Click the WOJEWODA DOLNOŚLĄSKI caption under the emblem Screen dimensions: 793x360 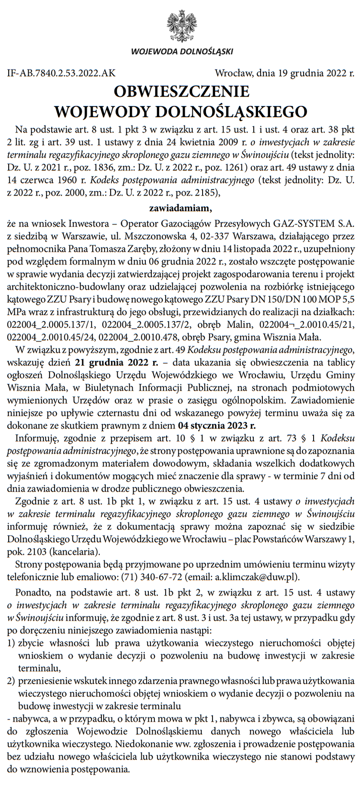(x=182, y=52)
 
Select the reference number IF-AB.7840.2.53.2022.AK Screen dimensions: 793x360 (x=61, y=73)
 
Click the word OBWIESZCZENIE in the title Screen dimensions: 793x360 (x=181, y=92)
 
